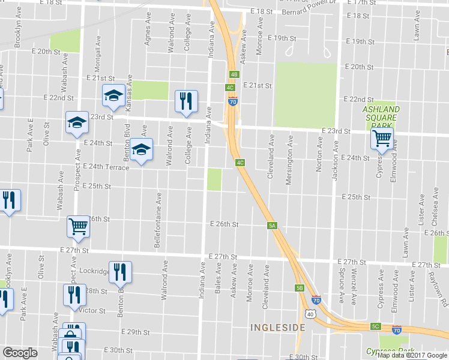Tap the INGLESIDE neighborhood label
point(278,328)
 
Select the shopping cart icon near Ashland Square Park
point(382,139)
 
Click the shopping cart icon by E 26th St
point(78,226)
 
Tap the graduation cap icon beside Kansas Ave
point(112,96)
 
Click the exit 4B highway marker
point(234,74)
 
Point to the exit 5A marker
point(272,226)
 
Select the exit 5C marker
point(376,326)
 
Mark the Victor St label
point(92,311)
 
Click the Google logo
point(20,353)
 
